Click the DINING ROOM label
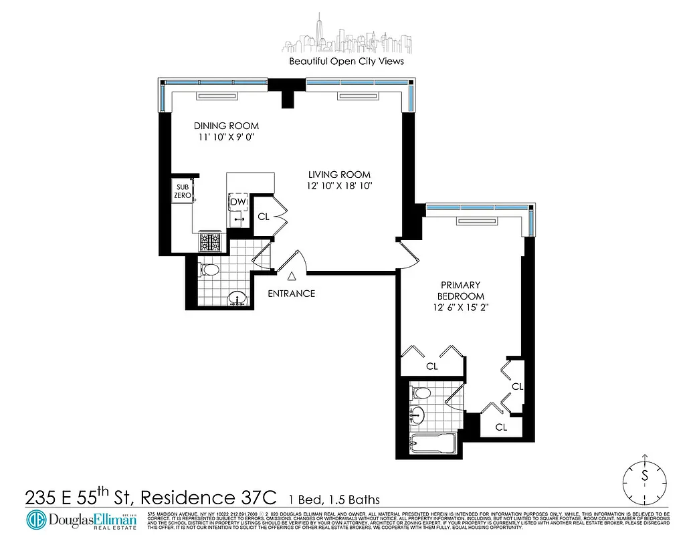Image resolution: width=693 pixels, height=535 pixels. [x=226, y=126]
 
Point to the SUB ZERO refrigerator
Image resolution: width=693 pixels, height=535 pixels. [x=183, y=191]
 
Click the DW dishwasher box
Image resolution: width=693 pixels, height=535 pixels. [x=238, y=202]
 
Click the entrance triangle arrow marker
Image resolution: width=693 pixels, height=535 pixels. [x=291, y=275]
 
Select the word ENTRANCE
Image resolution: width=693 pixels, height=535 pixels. [x=291, y=294]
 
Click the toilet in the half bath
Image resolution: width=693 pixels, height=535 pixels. [x=209, y=270]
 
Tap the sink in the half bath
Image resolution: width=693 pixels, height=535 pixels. [x=236, y=299]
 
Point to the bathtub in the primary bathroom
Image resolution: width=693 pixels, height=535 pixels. [x=432, y=443]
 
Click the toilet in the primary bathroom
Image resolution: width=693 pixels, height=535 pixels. [x=420, y=393]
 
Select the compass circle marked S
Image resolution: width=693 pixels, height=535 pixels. [x=645, y=477]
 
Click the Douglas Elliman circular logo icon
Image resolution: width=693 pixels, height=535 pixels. [x=37, y=520]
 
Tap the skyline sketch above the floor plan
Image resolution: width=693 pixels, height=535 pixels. [x=346, y=35]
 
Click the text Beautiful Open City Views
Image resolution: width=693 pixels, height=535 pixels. [x=346, y=61]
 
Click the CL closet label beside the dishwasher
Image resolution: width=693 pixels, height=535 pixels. [x=264, y=216]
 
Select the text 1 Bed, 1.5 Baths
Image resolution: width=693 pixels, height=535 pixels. [x=334, y=500]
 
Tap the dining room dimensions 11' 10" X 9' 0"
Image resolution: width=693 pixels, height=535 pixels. [x=226, y=137]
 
